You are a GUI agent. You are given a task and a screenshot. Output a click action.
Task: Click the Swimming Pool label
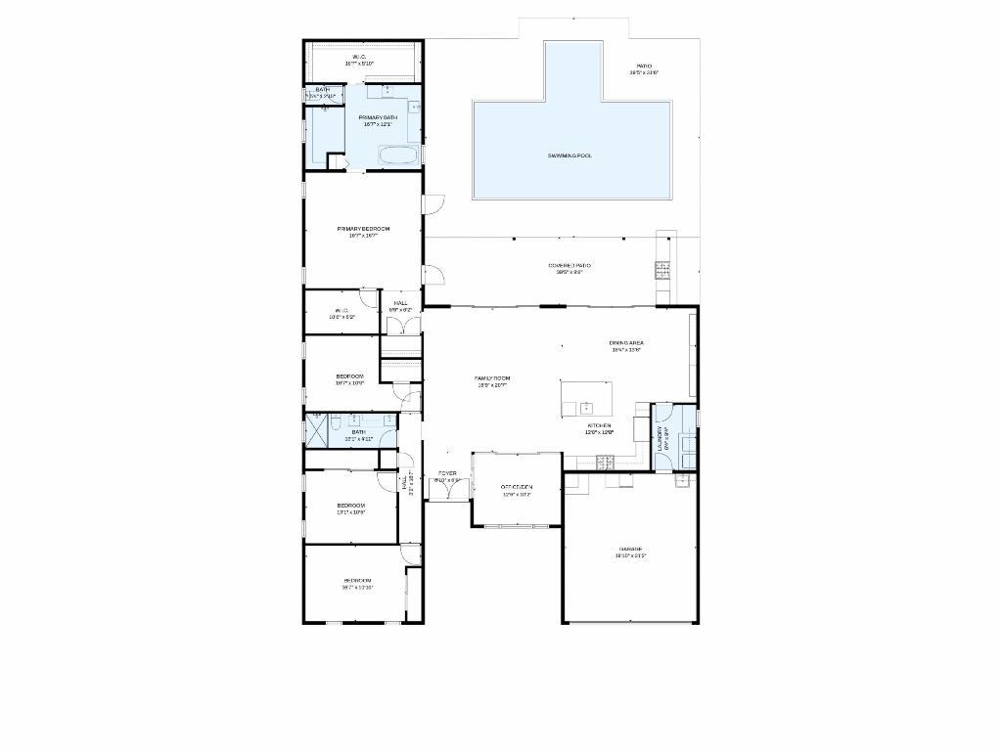(569, 155)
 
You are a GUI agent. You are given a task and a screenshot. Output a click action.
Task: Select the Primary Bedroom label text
(363, 231)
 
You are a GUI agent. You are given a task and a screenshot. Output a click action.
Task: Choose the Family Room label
(492, 380)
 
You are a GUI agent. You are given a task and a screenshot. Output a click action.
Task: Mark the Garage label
(630, 552)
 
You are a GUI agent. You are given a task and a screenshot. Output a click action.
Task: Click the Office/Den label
(516, 489)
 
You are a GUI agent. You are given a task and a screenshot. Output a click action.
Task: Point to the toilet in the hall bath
(335, 422)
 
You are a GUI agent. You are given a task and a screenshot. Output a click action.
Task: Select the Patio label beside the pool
(643, 68)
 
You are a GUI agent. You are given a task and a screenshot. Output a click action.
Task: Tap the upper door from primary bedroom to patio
(434, 204)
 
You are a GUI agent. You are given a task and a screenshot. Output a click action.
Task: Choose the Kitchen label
(599, 428)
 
